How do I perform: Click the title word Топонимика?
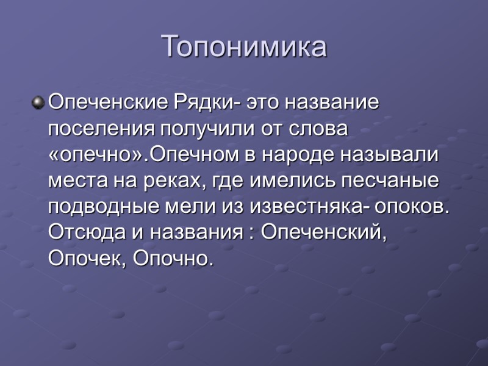coord(244,47)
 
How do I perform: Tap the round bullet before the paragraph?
coord(38,103)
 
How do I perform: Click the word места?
coord(75,181)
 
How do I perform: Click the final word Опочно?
coord(173,258)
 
